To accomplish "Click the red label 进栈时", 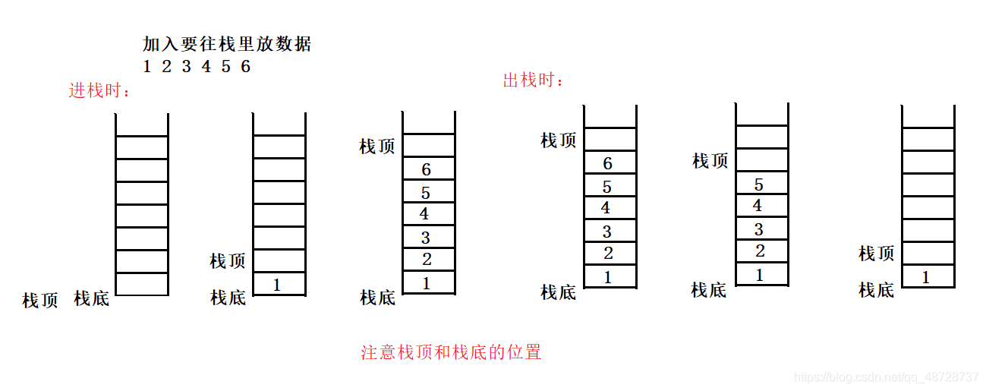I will [x=99, y=91].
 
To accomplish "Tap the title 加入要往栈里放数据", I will [x=227, y=44].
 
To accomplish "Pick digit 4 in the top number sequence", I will [x=206, y=67].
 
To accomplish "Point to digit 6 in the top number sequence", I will [x=245, y=67].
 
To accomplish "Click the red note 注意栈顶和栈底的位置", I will [x=451, y=352].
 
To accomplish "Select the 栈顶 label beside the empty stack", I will [x=40, y=301].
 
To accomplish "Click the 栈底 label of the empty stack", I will [x=91, y=298].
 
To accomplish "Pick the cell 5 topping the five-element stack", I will [x=759, y=184].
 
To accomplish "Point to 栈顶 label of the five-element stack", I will [x=710, y=161].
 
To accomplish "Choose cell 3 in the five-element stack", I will [x=759, y=229].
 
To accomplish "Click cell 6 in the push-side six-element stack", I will [x=426, y=169].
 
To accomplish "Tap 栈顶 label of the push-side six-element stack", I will [x=377, y=147].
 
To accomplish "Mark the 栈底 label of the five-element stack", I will [x=708, y=290].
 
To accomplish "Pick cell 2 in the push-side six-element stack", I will [x=427, y=260].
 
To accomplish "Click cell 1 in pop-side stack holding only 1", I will [x=925, y=278].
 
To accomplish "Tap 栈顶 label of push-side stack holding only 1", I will [x=228, y=261].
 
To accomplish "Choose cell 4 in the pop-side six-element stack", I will [x=606, y=208].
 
